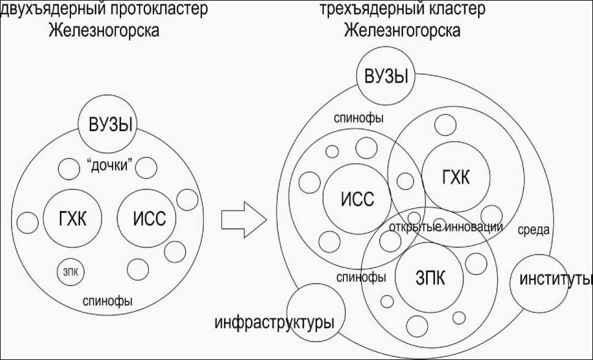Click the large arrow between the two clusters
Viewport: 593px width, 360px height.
click(243, 219)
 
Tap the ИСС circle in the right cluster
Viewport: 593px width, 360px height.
click(356, 197)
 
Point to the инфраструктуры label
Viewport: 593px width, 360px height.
click(274, 321)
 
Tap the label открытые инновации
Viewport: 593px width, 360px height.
click(446, 227)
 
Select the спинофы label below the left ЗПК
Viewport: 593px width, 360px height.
click(108, 301)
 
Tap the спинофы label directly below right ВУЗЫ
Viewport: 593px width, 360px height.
click(358, 117)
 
